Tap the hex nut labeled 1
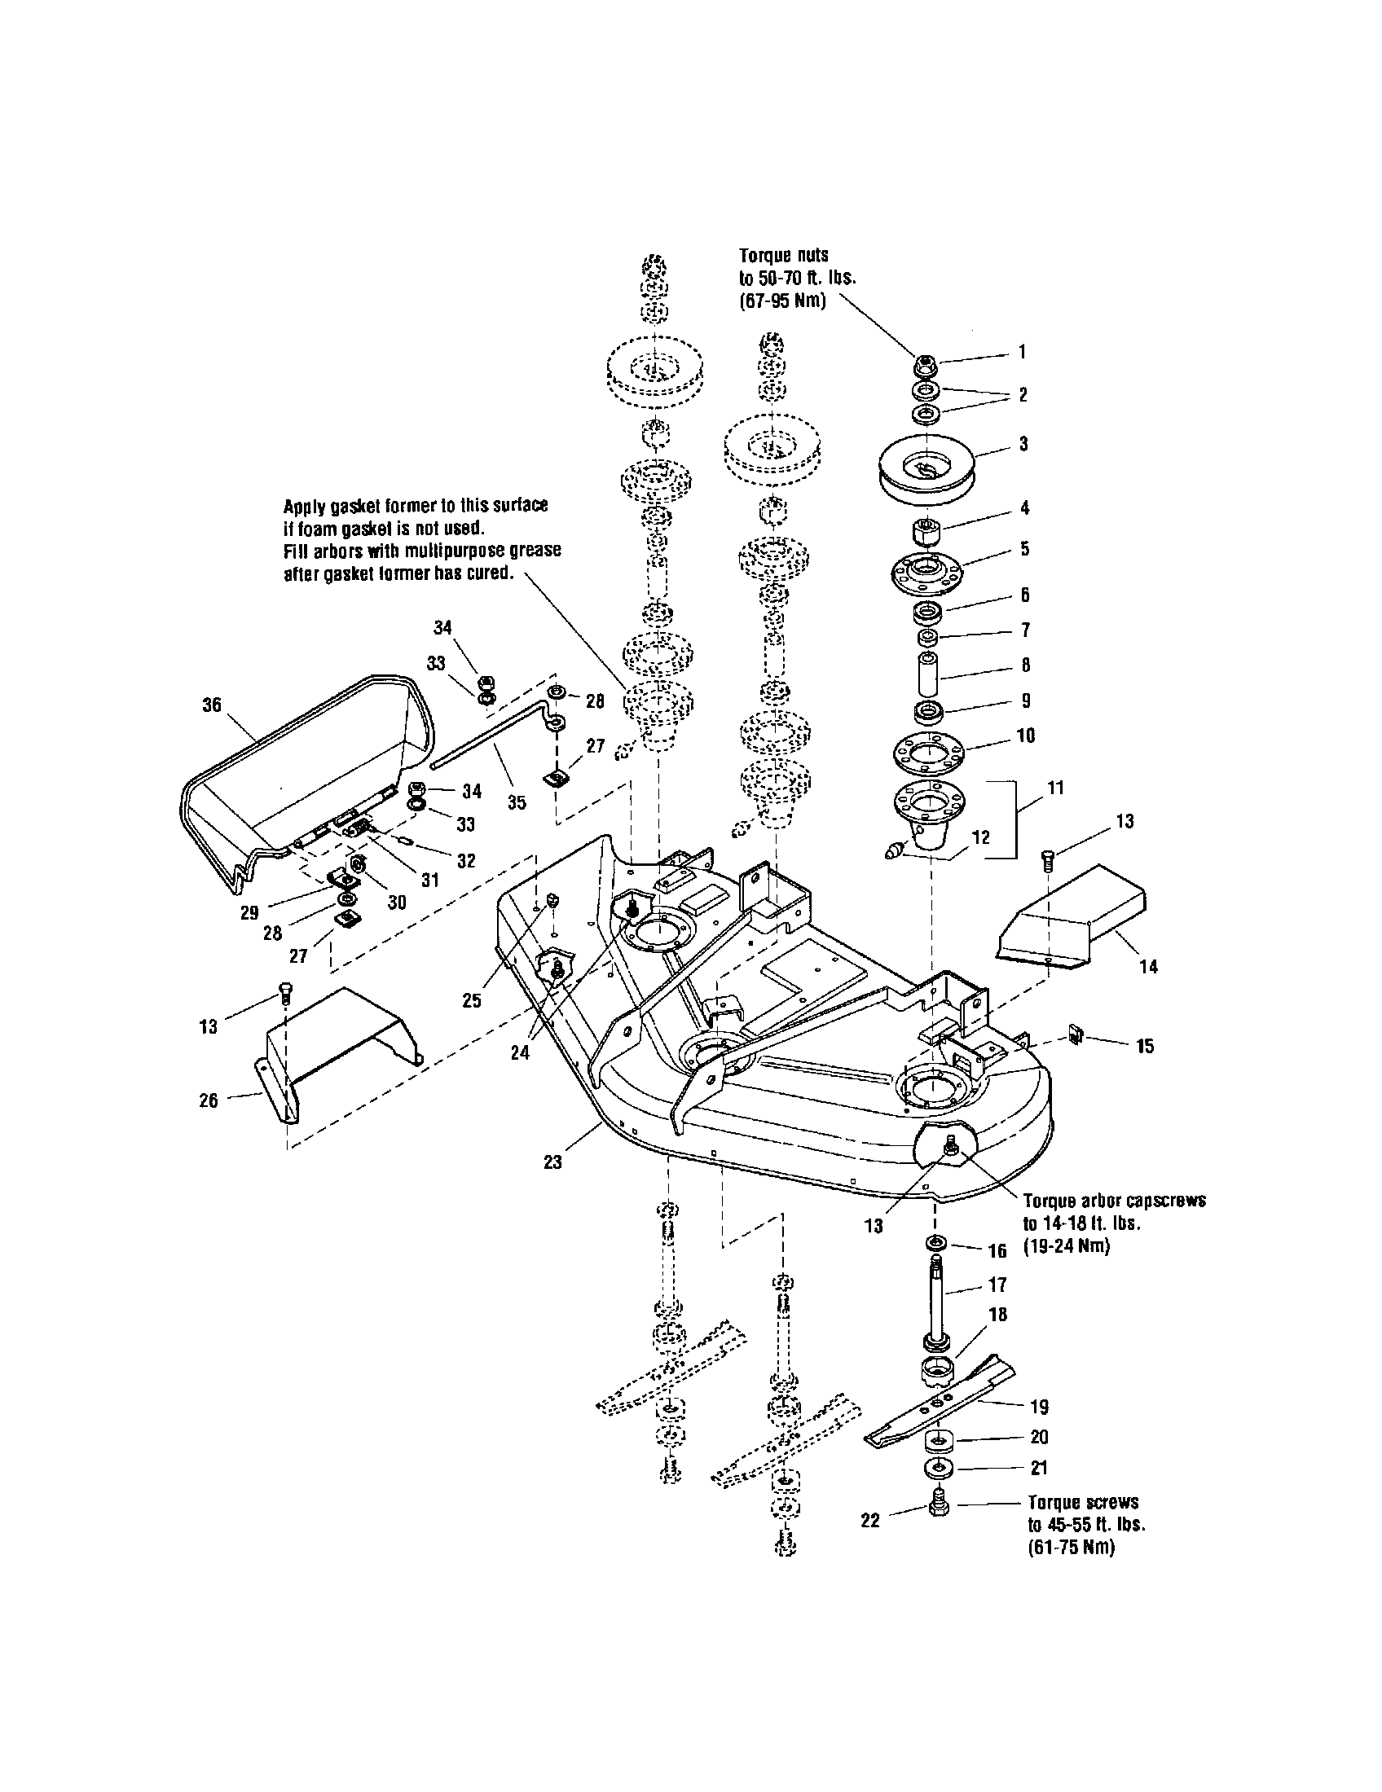(926, 362)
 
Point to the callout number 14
(1148, 967)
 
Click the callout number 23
(552, 1162)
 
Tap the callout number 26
(209, 1100)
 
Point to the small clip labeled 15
(1074, 1038)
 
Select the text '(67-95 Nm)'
(782, 301)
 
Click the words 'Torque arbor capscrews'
(1114, 1201)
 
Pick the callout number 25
(471, 1001)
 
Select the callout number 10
(1026, 736)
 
